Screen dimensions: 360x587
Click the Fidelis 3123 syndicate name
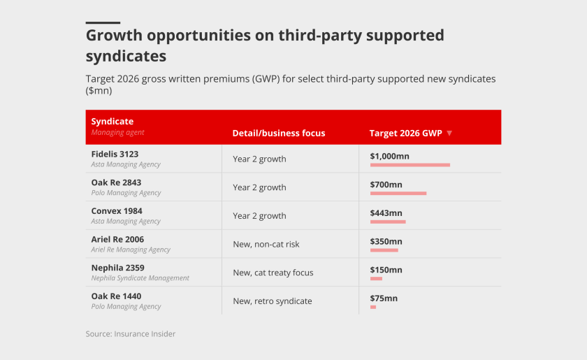tap(115, 154)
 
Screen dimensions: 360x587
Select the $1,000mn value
tap(389, 156)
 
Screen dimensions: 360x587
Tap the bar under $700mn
tap(398, 194)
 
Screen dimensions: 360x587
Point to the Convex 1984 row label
tap(116, 211)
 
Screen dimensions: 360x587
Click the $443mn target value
tap(386, 213)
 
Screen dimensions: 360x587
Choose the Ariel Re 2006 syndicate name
tap(117, 240)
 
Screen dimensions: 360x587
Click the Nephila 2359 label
tap(117, 268)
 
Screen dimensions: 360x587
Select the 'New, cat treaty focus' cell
tap(273, 273)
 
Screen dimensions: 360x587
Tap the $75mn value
tap(384, 298)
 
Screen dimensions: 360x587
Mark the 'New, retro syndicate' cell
tap(273, 301)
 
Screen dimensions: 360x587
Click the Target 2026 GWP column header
tap(405, 134)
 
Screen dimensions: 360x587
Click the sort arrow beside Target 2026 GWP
tap(449, 134)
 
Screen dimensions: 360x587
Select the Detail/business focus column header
tap(279, 134)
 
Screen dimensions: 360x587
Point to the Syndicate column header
tap(112, 122)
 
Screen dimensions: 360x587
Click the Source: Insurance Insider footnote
tap(131, 334)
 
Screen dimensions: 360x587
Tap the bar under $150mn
tap(376, 279)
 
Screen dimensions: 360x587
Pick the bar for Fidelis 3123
tap(410, 165)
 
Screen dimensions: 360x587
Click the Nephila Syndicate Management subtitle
tap(140, 278)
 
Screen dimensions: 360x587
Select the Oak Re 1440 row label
tap(115, 296)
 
